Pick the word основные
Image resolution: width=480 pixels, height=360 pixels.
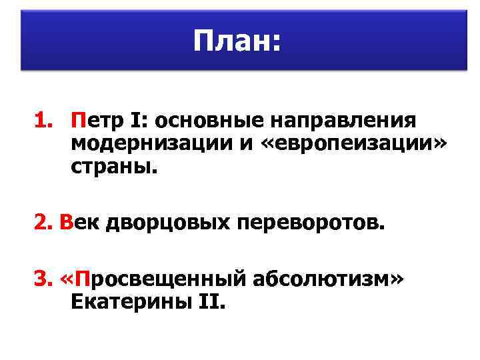point(202,121)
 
